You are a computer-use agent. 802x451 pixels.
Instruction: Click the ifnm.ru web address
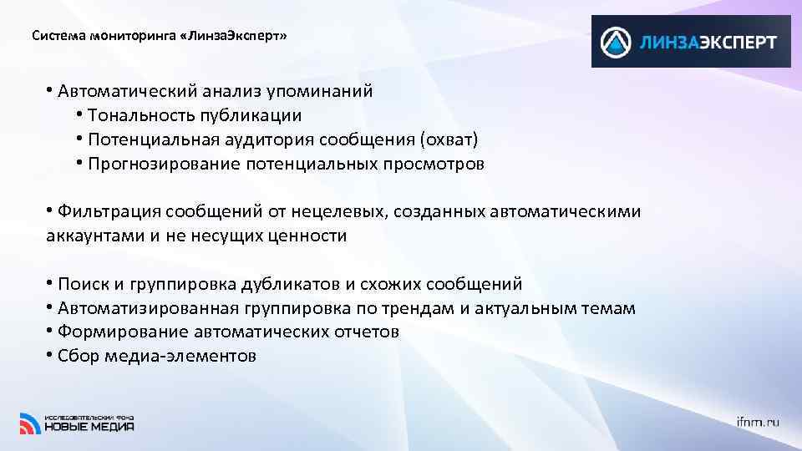(758, 423)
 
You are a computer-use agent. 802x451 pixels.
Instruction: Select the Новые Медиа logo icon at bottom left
(29, 423)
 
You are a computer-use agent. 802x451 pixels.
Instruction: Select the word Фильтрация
(109, 212)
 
